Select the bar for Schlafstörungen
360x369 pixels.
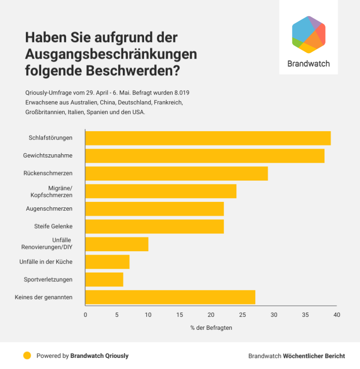pyautogui.click(x=208, y=138)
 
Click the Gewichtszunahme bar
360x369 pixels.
pyautogui.click(x=204, y=156)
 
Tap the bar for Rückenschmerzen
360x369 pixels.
pyautogui.click(x=176, y=173)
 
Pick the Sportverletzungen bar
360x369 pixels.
pyautogui.click(x=104, y=279)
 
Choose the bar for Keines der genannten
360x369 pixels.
pyautogui.click(x=170, y=297)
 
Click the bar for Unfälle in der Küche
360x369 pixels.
pyautogui.click(x=107, y=262)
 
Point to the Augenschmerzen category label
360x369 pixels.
pyautogui.click(x=49, y=209)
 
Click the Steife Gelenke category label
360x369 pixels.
pyautogui.click(x=53, y=226)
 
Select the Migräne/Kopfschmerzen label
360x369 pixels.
pyautogui.click(x=54, y=191)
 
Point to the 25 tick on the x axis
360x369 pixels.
pyautogui.click(x=242, y=315)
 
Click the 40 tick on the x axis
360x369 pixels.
pyautogui.click(x=336, y=315)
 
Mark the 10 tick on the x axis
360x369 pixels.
pyautogui.click(x=148, y=315)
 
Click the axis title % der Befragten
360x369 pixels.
pyautogui.click(x=211, y=327)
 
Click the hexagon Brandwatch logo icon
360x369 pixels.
pyautogui.click(x=309, y=34)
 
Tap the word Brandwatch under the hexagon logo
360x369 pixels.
pyautogui.click(x=308, y=64)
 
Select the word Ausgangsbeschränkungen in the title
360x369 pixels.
pyautogui.click(x=111, y=54)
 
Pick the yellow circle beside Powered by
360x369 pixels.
pyautogui.click(x=27, y=356)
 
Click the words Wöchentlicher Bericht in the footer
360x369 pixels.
pyautogui.click(x=314, y=356)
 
